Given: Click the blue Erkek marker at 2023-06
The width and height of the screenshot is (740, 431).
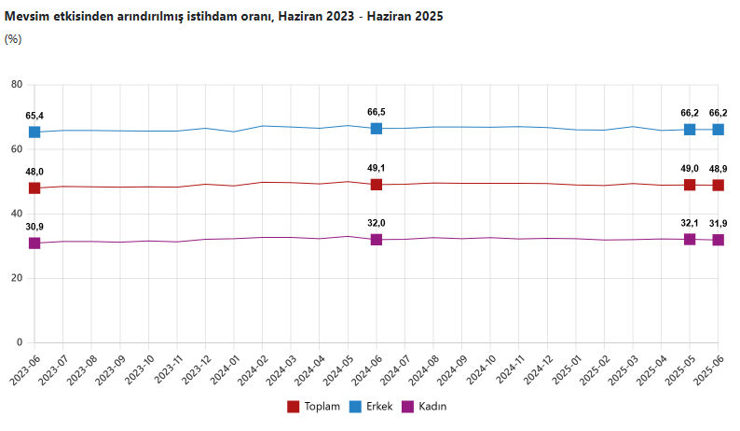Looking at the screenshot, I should pyautogui.click(x=34, y=132).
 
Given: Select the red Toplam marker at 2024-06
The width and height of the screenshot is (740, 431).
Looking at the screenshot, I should pyautogui.click(x=377, y=185).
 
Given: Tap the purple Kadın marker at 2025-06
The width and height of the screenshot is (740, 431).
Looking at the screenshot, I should pyautogui.click(x=719, y=240).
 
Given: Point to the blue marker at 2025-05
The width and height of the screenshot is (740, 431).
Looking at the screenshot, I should pyautogui.click(x=690, y=129).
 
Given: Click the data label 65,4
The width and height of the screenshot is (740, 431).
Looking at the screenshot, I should pyautogui.click(x=34, y=116).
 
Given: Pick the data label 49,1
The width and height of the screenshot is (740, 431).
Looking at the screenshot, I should pyautogui.click(x=377, y=168).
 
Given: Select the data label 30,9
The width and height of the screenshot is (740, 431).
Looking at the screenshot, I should pyautogui.click(x=34, y=227).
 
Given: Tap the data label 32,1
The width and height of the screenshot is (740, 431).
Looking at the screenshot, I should pyautogui.click(x=690, y=223).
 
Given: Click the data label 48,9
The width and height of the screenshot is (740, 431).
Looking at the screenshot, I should pyautogui.click(x=719, y=169).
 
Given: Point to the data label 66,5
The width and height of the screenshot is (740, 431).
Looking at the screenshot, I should pyautogui.click(x=377, y=112).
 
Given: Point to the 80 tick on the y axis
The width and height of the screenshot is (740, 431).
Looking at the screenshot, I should pyautogui.click(x=16, y=85).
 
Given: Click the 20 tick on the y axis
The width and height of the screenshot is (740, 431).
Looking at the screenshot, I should pyautogui.click(x=16, y=278).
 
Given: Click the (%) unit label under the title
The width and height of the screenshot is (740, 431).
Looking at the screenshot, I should pyautogui.click(x=13, y=39).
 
